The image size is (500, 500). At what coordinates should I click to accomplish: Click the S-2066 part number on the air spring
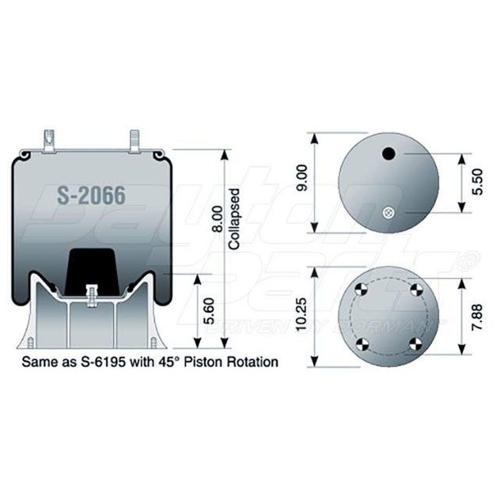pos(92,195)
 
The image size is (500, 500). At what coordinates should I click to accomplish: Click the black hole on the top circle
pos(388,154)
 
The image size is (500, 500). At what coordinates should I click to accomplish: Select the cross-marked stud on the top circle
pos(388,211)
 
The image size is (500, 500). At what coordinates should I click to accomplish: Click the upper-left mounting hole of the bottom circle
pos(361,288)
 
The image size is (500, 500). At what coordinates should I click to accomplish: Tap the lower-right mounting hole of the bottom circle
pos(416,343)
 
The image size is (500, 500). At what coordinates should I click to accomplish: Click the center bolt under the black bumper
pos(92,293)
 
